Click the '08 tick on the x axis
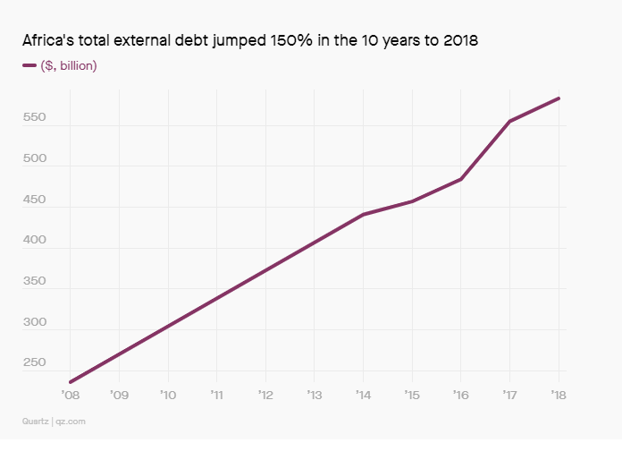(70, 395)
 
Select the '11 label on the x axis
(216, 395)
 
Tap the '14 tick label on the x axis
(363, 395)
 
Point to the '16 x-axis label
(461, 395)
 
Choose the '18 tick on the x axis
(559, 395)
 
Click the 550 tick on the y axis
(33, 117)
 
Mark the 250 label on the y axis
(33, 362)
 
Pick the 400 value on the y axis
(33, 240)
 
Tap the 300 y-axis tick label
(33, 321)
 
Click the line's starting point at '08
(70, 382)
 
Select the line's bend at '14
(363, 215)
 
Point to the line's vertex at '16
(461, 179)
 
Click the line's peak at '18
(559, 98)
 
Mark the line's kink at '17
(509, 121)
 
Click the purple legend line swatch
(29, 65)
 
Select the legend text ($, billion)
(69, 65)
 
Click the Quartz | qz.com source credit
(54, 420)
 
